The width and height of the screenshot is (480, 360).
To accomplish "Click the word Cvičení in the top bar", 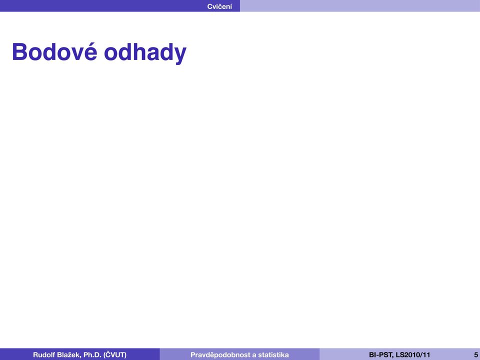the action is click(219, 6).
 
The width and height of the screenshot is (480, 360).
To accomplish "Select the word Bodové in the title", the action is click(55, 51).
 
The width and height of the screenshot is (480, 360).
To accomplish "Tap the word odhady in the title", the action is click(145, 52).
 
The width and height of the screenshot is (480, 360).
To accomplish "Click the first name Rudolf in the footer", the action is click(44, 355).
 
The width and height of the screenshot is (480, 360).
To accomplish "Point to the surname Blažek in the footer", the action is click(69, 355).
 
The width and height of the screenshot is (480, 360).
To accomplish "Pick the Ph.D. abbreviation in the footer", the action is click(92, 355).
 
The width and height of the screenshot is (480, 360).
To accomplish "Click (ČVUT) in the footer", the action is click(115, 355).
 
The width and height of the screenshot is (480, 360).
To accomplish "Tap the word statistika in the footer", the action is click(273, 355).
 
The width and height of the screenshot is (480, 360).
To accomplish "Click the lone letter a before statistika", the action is click(254, 355).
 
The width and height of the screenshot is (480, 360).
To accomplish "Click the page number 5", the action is click(476, 355).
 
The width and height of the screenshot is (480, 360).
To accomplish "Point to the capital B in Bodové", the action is click(19, 52).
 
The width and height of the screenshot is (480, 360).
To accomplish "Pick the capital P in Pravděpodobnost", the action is click(193, 355).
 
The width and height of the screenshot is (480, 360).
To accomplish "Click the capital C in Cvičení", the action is click(210, 6).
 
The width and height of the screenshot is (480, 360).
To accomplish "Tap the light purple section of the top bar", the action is click(359, 6).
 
